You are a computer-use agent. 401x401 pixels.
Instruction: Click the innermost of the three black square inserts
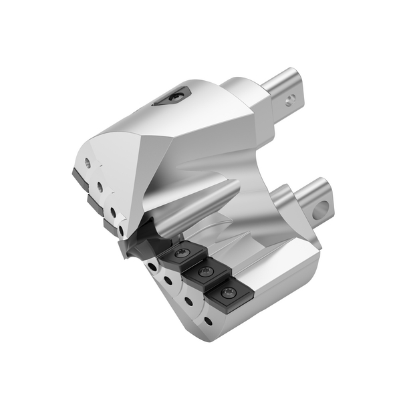(181, 255)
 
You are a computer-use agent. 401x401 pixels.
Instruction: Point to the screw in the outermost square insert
(229, 293)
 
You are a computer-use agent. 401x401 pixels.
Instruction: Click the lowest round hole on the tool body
(209, 322)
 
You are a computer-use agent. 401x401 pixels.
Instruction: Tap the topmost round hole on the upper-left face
(87, 162)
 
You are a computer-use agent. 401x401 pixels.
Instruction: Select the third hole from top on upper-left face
(113, 213)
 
